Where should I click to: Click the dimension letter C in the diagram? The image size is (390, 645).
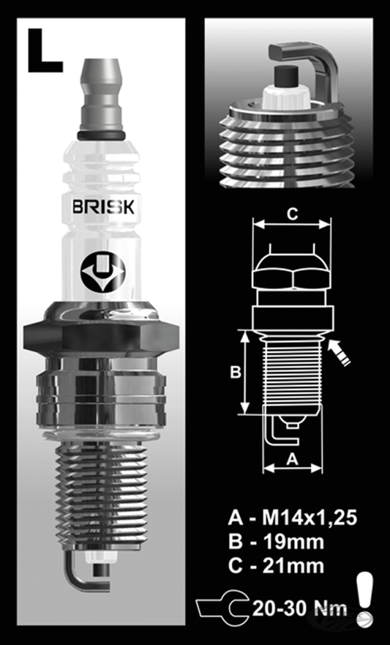click(x=290, y=214)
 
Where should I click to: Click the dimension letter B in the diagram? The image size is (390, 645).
click(x=236, y=372)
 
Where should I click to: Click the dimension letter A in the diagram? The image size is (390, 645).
click(x=290, y=459)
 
